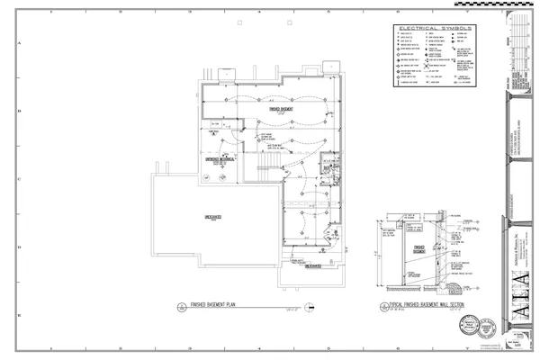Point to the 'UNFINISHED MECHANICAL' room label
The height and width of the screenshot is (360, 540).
pyautogui.click(x=220, y=159)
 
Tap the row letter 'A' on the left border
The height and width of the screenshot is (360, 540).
pyautogui.click(x=19, y=42)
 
